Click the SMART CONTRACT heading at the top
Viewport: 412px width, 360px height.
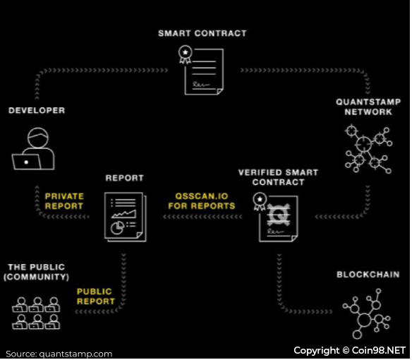tap(202, 33)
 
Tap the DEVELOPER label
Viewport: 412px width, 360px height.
tap(37, 110)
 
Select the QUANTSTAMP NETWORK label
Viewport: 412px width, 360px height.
tap(368, 107)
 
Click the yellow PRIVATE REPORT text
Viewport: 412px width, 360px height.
tap(64, 201)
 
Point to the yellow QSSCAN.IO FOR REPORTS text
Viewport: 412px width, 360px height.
tap(202, 201)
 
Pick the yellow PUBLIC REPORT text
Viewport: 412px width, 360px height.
tap(96, 296)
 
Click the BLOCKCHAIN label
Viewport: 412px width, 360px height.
tap(368, 275)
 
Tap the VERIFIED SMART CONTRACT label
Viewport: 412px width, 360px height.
tap(278, 177)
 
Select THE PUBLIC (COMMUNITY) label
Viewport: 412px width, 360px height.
tap(36, 272)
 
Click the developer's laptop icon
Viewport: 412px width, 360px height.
tap(26, 162)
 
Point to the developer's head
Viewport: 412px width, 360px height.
tap(38, 138)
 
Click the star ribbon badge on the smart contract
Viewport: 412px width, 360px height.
tap(186, 54)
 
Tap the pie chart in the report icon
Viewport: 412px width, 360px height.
tap(117, 228)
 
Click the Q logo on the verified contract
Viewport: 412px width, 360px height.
tap(278, 215)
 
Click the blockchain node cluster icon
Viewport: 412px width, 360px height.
tap(367, 313)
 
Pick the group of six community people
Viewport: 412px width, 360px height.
tap(36, 313)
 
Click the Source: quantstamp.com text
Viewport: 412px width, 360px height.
tap(59, 354)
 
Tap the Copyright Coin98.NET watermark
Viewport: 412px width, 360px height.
tap(349, 351)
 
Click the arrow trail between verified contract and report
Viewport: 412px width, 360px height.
tap(202, 217)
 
